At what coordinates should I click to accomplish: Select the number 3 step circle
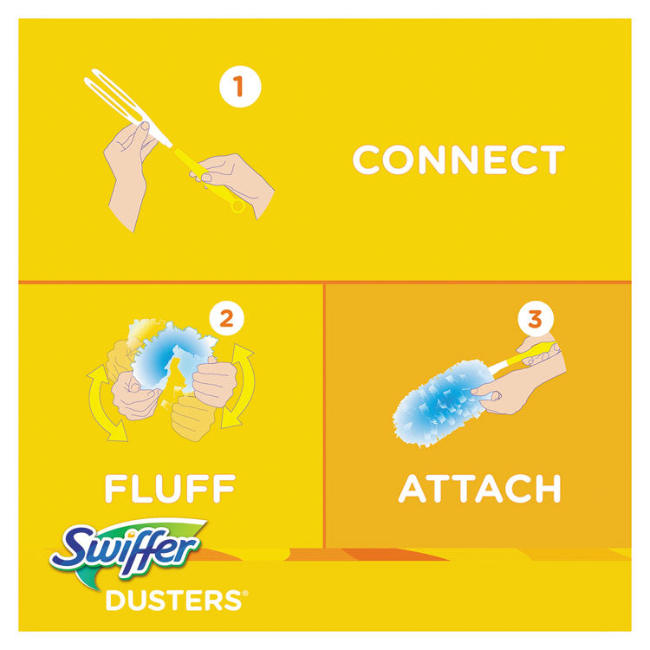[535, 320]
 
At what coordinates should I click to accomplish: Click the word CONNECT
[458, 160]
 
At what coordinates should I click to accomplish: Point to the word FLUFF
[169, 489]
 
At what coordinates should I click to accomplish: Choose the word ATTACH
[478, 489]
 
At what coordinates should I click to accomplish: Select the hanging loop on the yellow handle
[237, 205]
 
